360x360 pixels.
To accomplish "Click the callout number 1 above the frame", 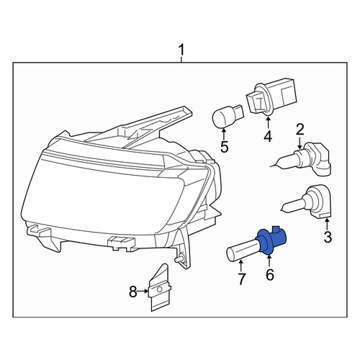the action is tap(181, 50).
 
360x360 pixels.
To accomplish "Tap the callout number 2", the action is tap(300, 130).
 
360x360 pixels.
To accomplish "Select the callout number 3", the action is tap(328, 236).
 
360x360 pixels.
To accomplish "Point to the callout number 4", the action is tap(268, 136).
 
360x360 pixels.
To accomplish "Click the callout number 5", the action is tap(225, 147).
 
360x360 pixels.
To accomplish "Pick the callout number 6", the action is tap(270, 274).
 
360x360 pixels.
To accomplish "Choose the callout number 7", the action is tap(241, 279).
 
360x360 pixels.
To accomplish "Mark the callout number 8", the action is tap(133, 292).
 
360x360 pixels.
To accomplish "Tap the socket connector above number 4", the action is tap(271, 97).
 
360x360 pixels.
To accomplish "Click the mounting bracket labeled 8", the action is tap(159, 288).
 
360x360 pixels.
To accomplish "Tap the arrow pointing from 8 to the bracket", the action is tap(143, 291).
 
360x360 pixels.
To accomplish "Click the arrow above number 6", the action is tap(269, 261).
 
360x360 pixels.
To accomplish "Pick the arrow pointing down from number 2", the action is tap(300, 143).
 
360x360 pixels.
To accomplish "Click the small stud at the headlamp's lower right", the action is tap(179, 259).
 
